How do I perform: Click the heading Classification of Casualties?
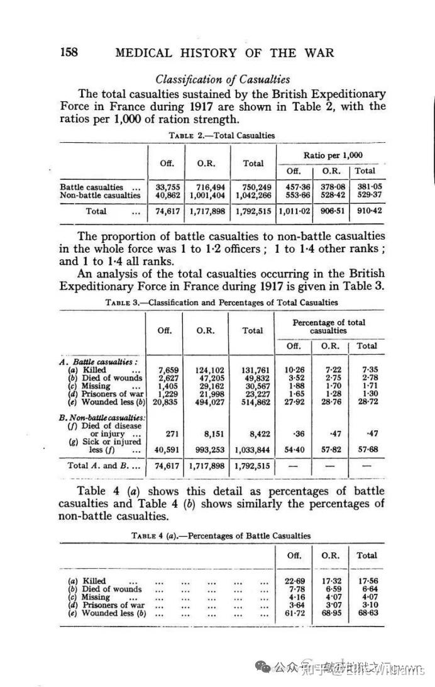pyautogui.click(x=223, y=79)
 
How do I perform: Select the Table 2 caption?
pyautogui.click(x=222, y=135)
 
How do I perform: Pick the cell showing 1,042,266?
pyautogui.click(x=253, y=195)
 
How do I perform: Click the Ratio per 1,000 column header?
pyautogui.click(x=333, y=155)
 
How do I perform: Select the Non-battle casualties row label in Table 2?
pyautogui.click(x=101, y=195)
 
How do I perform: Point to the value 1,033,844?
pyautogui.click(x=253, y=449)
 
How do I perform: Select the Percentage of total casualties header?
pyautogui.click(x=329, y=326)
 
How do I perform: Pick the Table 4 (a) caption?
pyautogui.click(x=222, y=535)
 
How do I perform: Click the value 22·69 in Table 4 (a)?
pyautogui.click(x=294, y=581)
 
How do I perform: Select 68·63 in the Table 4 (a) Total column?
pyautogui.click(x=366, y=613)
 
